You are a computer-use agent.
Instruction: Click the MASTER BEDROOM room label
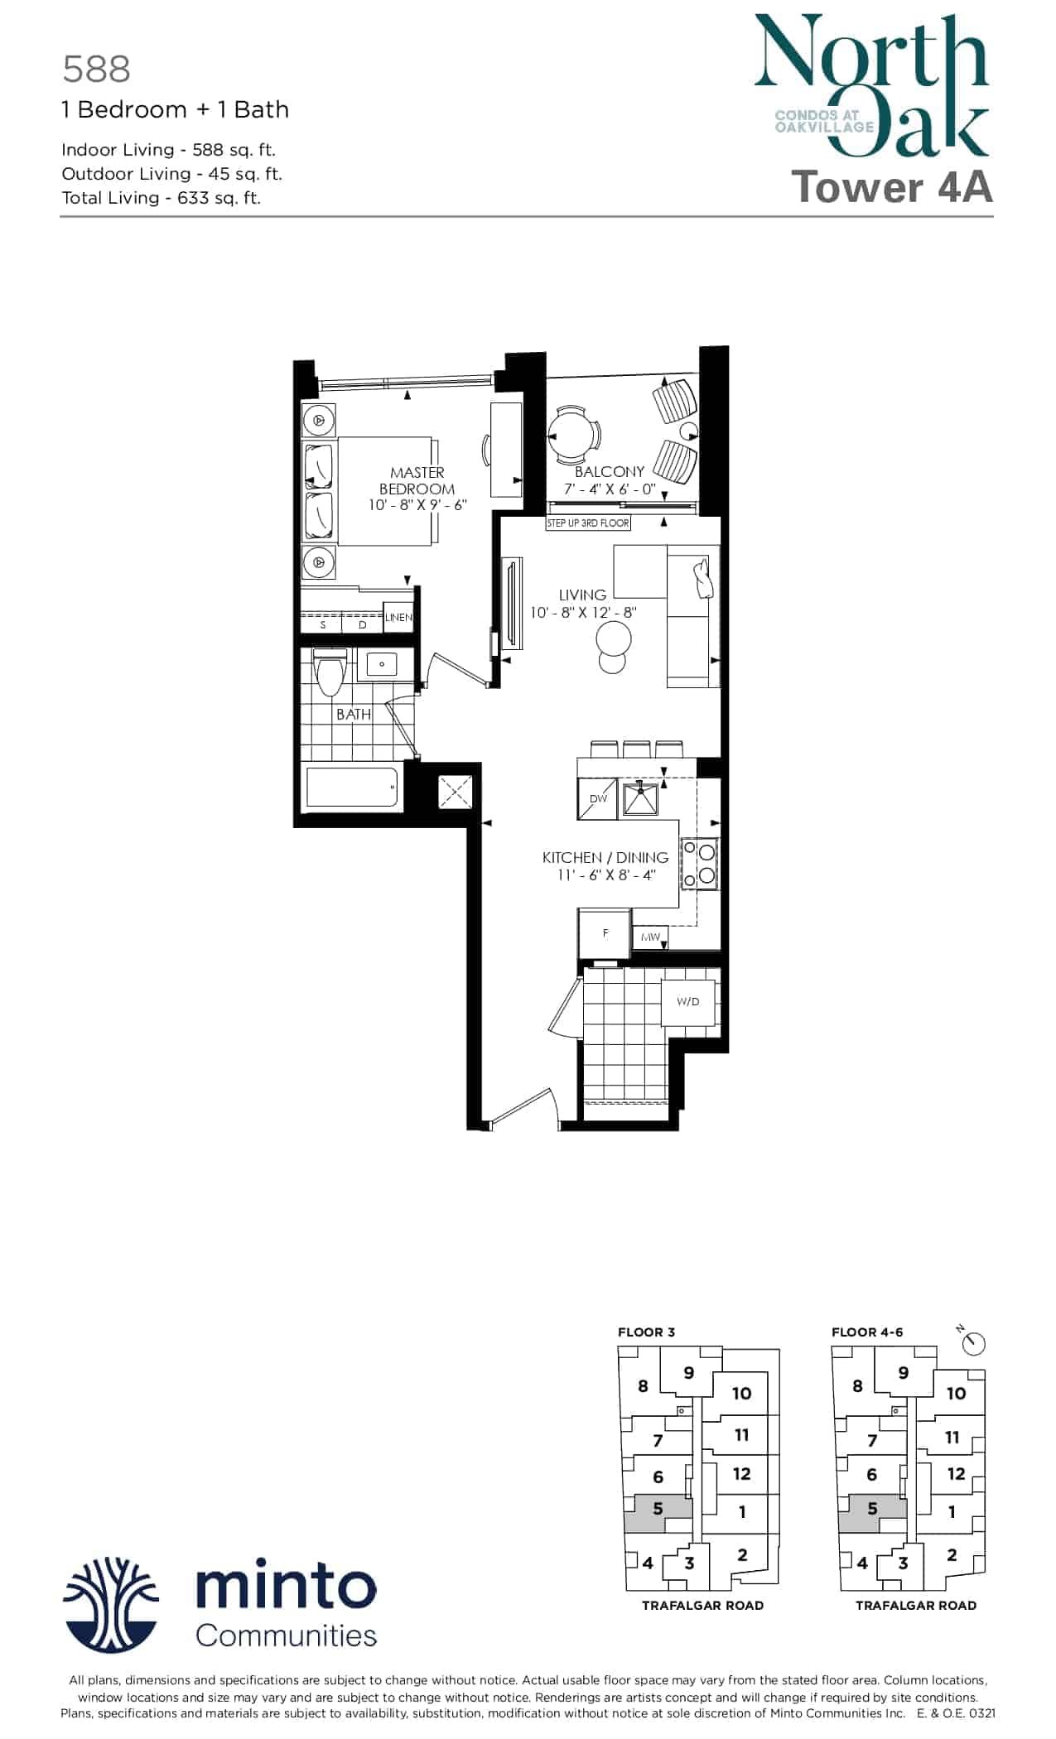click(417, 480)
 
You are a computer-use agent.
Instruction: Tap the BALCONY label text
click(610, 471)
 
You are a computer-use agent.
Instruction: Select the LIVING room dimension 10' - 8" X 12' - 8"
click(583, 613)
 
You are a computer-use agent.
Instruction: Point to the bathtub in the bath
click(353, 787)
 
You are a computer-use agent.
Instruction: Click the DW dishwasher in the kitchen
click(598, 798)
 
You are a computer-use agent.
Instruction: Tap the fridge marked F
click(605, 933)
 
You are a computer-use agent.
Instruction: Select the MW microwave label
click(650, 937)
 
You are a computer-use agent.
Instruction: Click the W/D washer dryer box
click(688, 1001)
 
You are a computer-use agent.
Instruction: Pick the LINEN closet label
click(398, 618)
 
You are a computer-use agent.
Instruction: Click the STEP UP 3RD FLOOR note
click(588, 523)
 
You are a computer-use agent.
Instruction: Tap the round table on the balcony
click(572, 434)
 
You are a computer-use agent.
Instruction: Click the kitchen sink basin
click(641, 797)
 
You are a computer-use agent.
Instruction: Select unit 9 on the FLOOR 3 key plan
click(689, 1373)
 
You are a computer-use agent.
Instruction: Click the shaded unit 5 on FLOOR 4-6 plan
click(872, 1510)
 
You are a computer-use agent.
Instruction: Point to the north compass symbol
click(974, 1342)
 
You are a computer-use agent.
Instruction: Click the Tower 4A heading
click(893, 186)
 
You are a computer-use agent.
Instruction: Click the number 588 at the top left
click(97, 70)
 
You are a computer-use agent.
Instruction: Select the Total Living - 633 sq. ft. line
click(162, 198)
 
